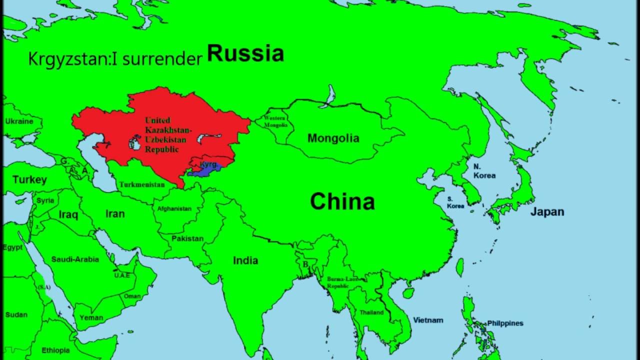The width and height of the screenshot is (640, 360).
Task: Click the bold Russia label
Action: (x=245, y=53)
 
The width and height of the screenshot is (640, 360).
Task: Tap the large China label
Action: (x=342, y=202)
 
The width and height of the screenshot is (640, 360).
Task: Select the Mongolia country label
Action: (x=333, y=138)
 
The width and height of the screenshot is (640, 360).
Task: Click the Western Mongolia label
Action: (x=274, y=121)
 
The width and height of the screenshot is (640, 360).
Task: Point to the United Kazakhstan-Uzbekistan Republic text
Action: (x=162, y=134)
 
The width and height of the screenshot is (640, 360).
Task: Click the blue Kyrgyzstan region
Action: (x=205, y=170)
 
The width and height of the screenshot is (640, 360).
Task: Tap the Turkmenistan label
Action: (x=142, y=184)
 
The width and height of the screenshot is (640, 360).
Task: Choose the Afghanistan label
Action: (x=174, y=208)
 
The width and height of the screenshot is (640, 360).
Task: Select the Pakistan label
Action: (x=187, y=238)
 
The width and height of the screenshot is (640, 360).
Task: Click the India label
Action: (x=245, y=260)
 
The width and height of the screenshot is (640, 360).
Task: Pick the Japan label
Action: (x=547, y=212)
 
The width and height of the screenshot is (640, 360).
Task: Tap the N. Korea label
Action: (x=484, y=171)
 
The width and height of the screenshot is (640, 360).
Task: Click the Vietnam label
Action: (x=428, y=320)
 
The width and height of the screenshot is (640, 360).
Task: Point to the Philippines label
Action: (x=505, y=323)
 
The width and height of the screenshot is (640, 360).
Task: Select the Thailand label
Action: (x=371, y=312)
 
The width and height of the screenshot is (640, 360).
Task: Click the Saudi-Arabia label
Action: (x=75, y=259)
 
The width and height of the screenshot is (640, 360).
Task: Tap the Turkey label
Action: (x=29, y=179)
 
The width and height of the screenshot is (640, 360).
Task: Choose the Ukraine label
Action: (x=19, y=121)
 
